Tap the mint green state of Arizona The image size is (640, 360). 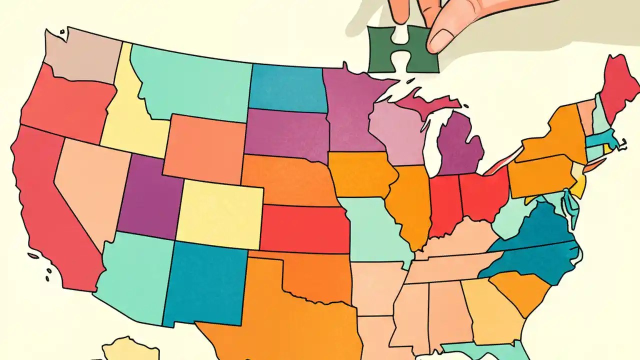pos(135,275)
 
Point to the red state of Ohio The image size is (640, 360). pos(482,195)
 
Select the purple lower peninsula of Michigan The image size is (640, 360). pos(460,147)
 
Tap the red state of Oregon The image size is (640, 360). pos(65,105)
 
